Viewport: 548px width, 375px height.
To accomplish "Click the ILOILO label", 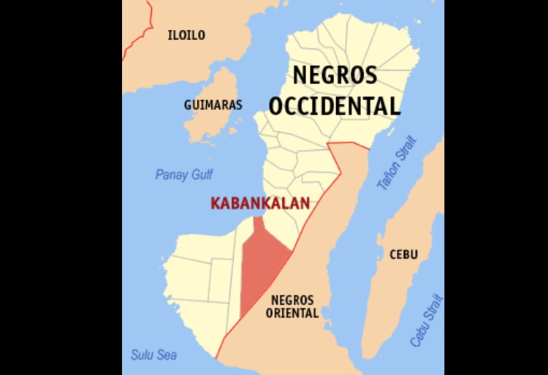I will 186,35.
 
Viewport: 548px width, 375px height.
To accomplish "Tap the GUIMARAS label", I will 213,105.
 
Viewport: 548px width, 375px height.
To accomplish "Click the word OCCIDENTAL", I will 335,106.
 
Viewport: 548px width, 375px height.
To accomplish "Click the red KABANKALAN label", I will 259,204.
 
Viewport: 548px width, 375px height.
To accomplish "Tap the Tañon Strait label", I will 397,164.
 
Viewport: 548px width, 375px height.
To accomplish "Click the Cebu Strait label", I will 427,320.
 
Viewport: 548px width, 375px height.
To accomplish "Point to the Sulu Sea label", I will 153,355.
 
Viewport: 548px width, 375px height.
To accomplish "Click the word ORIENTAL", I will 294,314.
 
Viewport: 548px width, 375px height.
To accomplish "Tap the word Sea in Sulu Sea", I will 167,355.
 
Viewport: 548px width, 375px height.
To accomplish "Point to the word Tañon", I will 391,175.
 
